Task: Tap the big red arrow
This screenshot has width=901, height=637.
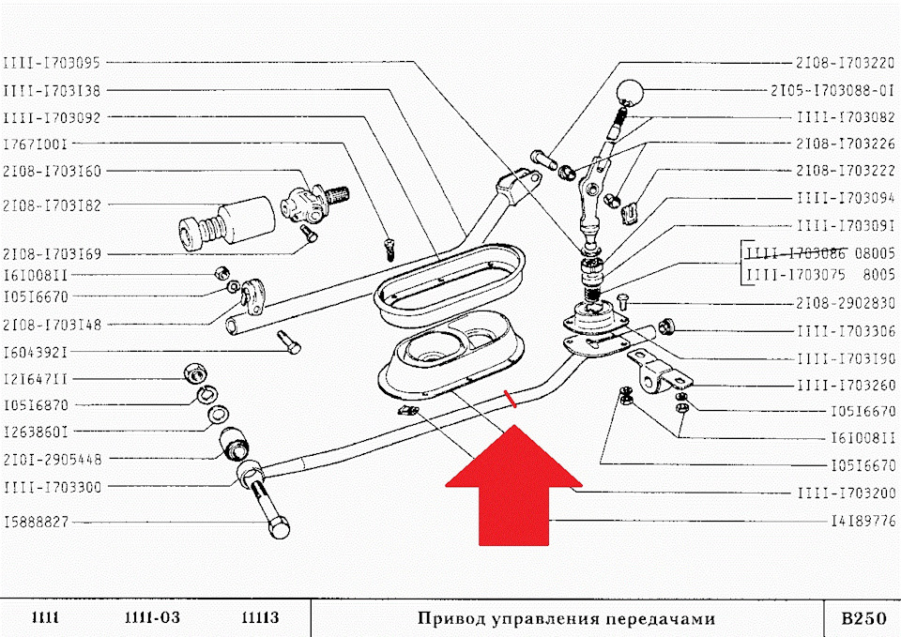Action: tap(514, 488)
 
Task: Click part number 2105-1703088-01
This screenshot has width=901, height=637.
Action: tap(832, 91)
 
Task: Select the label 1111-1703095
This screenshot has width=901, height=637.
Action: tap(52, 63)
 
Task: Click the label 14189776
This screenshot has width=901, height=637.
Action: tap(863, 519)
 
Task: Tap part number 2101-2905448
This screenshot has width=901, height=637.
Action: tap(52, 459)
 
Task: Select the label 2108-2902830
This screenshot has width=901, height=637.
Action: tap(846, 303)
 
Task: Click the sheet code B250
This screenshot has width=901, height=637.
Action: tap(863, 618)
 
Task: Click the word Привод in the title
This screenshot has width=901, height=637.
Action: tap(449, 618)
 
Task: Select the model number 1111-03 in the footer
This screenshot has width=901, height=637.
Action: tap(152, 618)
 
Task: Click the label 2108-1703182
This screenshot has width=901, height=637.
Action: tap(52, 205)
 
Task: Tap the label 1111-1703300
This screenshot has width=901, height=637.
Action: tap(52, 486)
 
